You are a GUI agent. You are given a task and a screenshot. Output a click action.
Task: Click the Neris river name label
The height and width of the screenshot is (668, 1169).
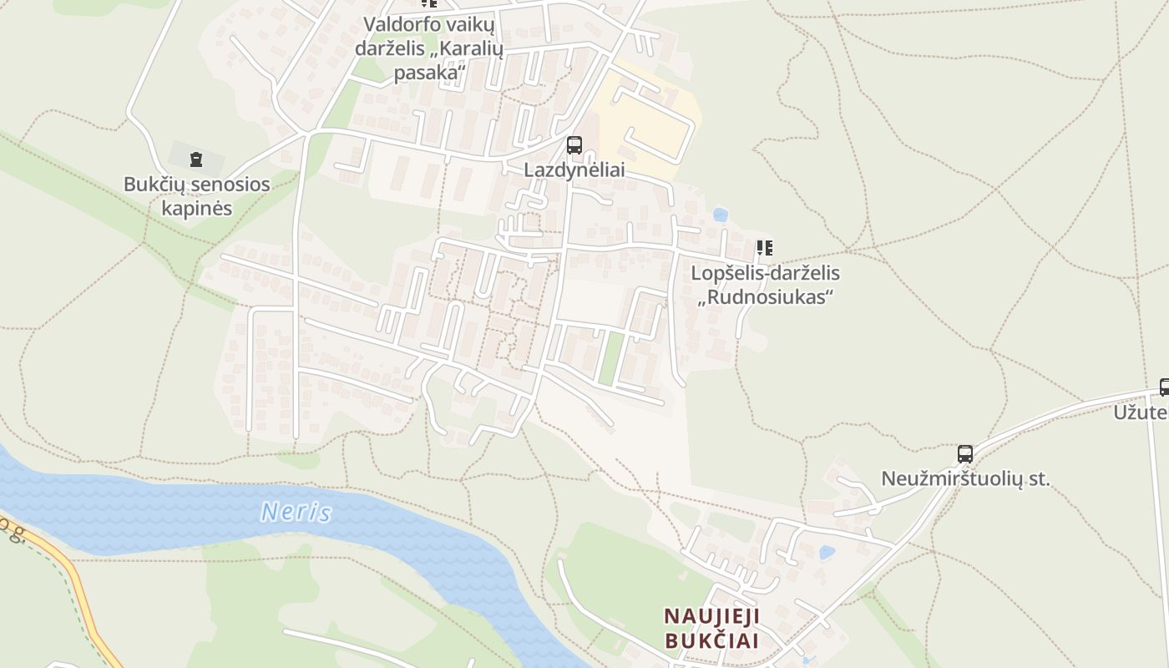(296, 511)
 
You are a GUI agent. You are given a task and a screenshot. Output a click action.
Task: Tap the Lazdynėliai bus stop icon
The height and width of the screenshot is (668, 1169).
(574, 145)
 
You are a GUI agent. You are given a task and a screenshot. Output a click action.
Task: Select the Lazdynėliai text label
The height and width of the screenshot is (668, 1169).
(574, 170)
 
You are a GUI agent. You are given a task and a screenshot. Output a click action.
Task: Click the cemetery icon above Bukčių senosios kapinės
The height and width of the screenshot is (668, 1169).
(196, 159)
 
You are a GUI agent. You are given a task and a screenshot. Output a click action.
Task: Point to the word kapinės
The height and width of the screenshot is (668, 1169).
(196, 208)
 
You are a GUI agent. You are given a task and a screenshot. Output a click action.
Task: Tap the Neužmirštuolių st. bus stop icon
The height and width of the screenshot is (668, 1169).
(965, 454)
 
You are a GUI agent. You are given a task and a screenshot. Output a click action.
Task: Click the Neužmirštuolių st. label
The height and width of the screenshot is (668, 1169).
(965, 479)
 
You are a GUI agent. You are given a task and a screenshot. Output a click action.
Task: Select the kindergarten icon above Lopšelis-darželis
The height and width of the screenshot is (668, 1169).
(764, 248)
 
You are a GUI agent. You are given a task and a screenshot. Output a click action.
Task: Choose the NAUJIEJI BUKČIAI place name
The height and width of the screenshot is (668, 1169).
(711, 629)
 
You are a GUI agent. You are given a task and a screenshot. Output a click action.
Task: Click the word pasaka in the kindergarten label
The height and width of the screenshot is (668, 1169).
(428, 73)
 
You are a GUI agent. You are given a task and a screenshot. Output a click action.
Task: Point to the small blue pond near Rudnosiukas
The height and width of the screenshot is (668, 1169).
(720, 215)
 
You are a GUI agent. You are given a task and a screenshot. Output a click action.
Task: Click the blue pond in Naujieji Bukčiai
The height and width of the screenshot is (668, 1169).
(827, 553)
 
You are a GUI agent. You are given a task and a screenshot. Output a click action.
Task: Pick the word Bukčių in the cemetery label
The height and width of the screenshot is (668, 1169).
(154, 184)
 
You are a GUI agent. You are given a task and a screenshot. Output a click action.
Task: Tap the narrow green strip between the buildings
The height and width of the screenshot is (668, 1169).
(611, 359)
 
